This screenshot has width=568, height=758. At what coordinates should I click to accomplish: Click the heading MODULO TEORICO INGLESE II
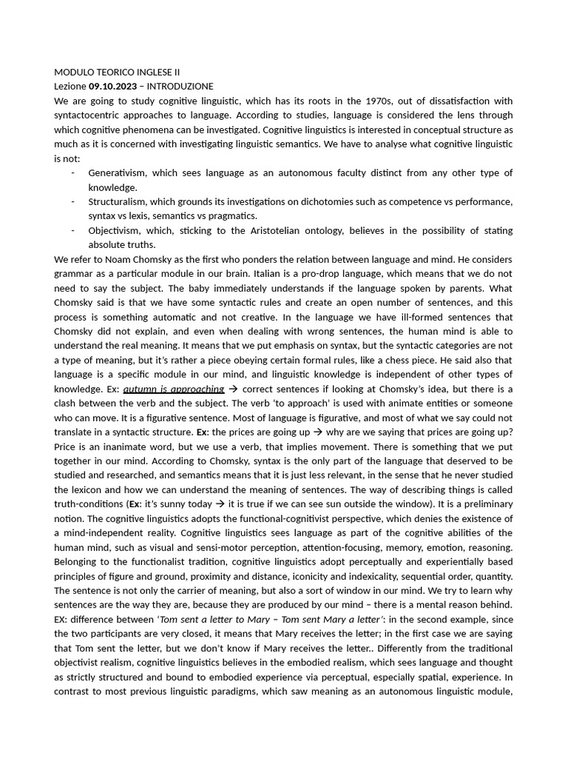(x=117, y=72)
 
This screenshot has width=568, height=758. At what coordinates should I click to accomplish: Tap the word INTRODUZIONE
(x=180, y=87)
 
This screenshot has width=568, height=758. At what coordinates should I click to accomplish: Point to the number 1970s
(x=382, y=101)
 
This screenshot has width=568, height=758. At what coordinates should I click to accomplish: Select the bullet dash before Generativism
(x=72, y=173)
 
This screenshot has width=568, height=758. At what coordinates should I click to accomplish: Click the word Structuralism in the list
(x=121, y=201)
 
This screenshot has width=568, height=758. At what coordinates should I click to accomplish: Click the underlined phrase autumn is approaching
(x=173, y=389)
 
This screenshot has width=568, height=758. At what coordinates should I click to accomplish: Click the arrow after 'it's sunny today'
(x=220, y=504)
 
